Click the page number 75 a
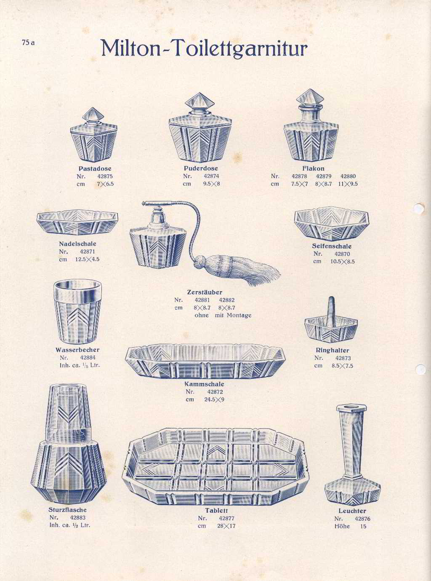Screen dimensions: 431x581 pyautogui.click(x=28, y=43)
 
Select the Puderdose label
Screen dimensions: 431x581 pyautogui.click(x=201, y=168)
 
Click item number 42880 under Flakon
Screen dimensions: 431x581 pyautogui.click(x=348, y=176)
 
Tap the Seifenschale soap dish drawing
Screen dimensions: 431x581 pyautogui.click(x=332, y=223)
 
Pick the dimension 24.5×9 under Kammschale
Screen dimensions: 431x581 pyautogui.click(x=214, y=399)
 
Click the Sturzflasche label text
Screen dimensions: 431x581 pyautogui.click(x=67, y=510)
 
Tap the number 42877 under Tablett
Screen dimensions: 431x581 pyautogui.click(x=226, y=518)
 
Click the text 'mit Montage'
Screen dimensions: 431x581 pyautogui.click(x=233, y=315)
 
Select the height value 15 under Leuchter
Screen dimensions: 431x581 pyautogui.click(x=363, y=526)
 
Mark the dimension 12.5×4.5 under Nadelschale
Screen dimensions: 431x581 pyautogui.click(x=87, y=260)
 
